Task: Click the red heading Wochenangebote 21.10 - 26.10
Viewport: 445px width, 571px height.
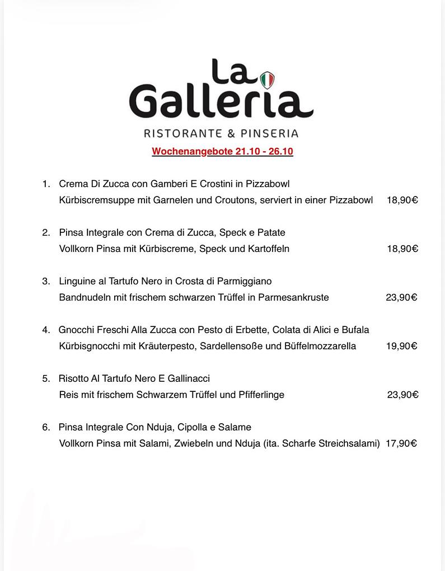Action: coord(222,152)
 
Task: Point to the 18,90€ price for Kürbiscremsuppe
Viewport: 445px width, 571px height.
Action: coord(402,200)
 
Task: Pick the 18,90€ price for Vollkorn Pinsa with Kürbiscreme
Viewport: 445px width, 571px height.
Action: coord(402,249)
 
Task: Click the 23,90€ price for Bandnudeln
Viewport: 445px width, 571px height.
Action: coord(401,297)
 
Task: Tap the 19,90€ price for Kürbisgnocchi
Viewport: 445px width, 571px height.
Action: coord(401,346)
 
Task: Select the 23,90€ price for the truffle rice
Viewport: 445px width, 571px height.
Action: coord(402,395)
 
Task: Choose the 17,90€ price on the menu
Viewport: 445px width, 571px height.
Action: coord(401,443)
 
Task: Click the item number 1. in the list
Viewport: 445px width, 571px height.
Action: coord(46,184)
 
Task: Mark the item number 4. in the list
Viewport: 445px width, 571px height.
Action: coord(46,330)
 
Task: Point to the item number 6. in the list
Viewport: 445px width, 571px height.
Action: coord(46,427)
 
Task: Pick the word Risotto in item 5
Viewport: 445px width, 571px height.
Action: coord(75,378)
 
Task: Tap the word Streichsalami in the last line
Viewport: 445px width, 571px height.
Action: coord(348,443)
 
